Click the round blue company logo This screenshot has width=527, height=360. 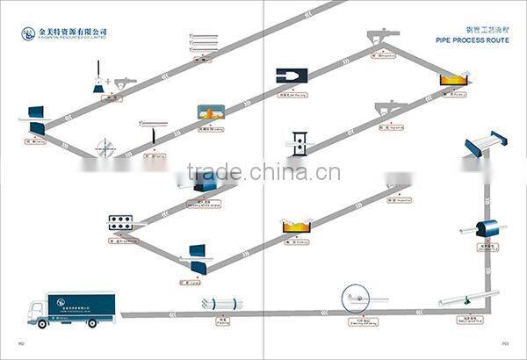coord(26,36)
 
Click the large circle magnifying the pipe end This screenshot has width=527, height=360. coord(356,298)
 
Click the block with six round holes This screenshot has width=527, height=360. coord(120,221)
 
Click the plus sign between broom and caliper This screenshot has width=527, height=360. coord(108,82)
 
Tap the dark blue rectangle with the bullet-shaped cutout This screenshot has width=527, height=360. coord(290,77)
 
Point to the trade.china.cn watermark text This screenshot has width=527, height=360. coord(263,172)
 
